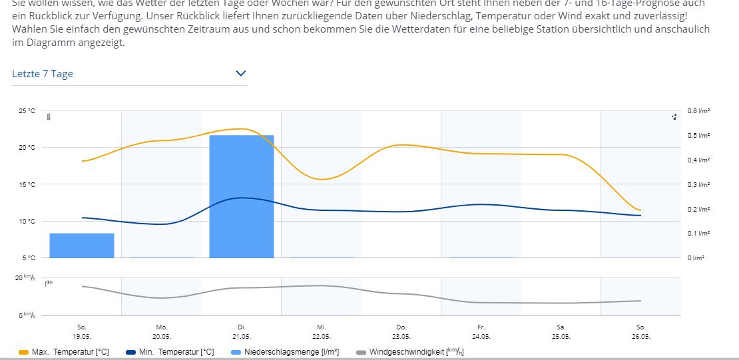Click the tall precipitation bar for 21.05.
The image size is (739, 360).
click(242, 196)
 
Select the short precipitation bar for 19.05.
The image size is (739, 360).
click(82, 245)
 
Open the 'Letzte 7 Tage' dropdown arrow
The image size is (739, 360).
click(241, 74)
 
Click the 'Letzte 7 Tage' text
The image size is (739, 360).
click(43, 74)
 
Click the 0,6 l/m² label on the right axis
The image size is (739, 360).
click(698, 111)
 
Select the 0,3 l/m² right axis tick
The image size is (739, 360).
click(698, 184)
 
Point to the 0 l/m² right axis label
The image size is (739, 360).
click(696, 258)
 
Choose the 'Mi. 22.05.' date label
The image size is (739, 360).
click(322, 331)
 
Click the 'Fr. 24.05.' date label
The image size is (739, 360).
click(481, 331)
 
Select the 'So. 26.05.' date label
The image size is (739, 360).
click(641, 331)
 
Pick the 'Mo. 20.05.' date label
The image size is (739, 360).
click(162, 331)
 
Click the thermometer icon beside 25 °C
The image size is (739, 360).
click(48, 117)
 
